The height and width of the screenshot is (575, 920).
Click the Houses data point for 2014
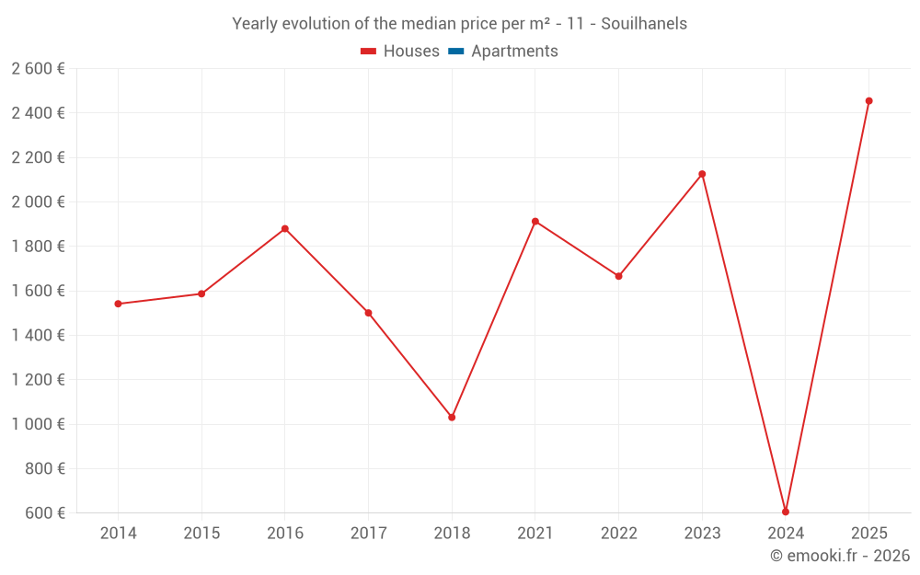point(118,304)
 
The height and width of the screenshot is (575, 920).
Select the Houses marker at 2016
point(285,228)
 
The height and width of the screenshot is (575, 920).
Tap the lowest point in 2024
point(786,512)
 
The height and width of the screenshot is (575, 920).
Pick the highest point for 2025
point(868,101)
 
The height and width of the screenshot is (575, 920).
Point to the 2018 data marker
point(452,418)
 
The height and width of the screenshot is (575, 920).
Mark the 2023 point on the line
point(702,174)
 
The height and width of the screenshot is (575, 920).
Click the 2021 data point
point(535,222)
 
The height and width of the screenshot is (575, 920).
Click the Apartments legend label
point(514,52)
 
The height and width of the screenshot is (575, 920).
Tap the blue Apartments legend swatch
point(455,52)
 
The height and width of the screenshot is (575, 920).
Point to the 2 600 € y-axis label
point(38,69)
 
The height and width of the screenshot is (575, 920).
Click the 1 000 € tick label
point(38,424)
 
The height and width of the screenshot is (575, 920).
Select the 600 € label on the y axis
point(45,513)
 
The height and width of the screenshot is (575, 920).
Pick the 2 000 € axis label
point(38,202)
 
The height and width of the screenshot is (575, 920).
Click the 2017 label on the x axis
point(368,534)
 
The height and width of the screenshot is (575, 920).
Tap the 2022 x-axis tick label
point(618,534)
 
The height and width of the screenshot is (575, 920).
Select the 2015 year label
point(201,534)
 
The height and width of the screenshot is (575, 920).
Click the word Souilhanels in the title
point(644,24)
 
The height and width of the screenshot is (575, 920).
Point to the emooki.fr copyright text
point(840,556)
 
